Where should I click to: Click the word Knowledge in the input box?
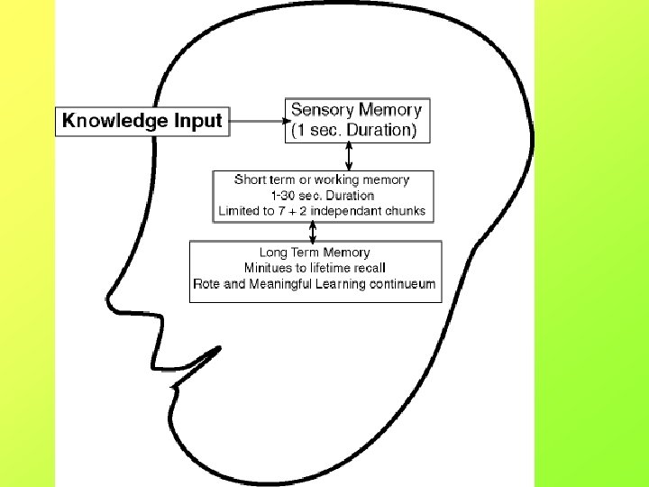click(x=115, y=121)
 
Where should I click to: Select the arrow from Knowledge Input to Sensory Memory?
click(x=261, y=121)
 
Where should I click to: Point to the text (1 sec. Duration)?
click(x=354, y=130)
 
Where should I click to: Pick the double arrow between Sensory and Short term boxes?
click(x=349, y=156)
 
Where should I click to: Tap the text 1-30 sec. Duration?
click(x=323, y=196)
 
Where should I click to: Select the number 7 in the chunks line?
click(x=281, y=211)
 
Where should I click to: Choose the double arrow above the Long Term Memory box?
click(x=313, y=232)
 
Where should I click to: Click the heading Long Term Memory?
click(x=315, y=253)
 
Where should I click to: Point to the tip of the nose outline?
click(x=107, y=299)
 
